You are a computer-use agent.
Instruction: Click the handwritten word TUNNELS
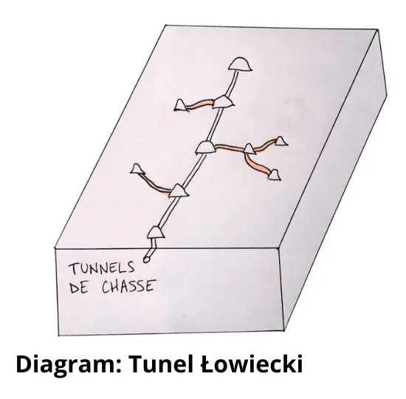coord(102,268)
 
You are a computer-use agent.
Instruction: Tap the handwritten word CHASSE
coord(129,287)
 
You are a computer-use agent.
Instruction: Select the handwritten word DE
coord(79,287)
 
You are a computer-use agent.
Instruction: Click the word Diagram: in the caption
coord(69,364)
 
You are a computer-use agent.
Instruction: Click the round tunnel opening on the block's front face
coord(147,259)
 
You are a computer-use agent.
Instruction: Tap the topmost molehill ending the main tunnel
coord(241,64)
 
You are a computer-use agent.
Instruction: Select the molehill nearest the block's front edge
coord(156,232)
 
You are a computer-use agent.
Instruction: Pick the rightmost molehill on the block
coord(281,141)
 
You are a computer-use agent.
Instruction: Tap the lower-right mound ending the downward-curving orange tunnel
coord(274,174)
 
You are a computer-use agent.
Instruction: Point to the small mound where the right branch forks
coord(250,149)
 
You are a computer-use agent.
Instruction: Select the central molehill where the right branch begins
coord(206,147)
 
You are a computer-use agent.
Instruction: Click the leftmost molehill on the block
coord(137,168)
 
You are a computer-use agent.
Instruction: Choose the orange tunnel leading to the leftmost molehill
coord(154,183)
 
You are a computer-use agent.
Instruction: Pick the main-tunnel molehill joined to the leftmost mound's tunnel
coord(179,191)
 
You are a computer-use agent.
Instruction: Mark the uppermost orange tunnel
coord(200,103)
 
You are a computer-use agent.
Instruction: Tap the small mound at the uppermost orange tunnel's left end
coord(181,106)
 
